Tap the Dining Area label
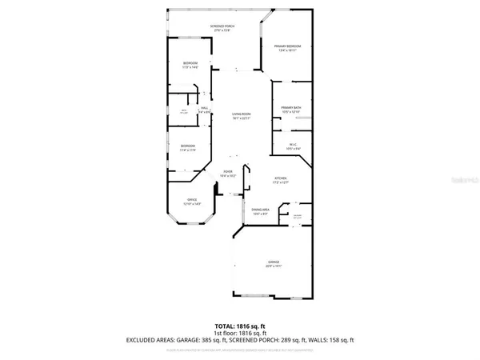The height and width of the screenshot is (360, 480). (261, 210)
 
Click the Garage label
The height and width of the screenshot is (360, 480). (274, 262)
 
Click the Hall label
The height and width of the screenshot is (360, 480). (204, 108)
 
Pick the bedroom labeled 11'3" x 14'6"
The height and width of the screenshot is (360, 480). (190, 63)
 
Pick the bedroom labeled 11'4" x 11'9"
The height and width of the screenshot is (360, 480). (187, 146)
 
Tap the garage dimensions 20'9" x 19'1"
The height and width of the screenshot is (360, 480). (274, 266)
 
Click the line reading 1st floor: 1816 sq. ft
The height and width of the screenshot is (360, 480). (240, 334)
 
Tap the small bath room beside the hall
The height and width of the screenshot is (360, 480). (183, 111)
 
